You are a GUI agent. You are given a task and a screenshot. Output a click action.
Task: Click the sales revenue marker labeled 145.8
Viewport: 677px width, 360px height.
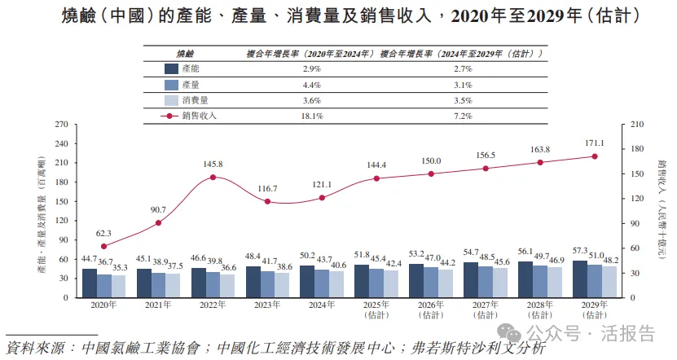(213, 177)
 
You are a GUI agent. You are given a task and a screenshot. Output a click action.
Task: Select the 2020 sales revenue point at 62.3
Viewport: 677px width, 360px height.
(103, 246)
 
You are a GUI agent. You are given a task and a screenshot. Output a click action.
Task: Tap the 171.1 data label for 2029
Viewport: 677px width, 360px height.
(595, 143)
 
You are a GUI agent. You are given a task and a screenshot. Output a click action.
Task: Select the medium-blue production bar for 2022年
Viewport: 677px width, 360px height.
(213, 282)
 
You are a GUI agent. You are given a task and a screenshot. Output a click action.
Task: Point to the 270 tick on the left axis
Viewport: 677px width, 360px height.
(60, 125)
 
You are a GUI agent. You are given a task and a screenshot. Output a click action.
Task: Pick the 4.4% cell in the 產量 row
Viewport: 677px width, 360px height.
(313, 85)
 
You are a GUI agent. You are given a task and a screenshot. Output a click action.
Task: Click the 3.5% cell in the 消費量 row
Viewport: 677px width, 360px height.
(463, 101)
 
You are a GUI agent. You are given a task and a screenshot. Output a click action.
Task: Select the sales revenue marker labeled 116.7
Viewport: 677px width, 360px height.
(267, 201)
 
